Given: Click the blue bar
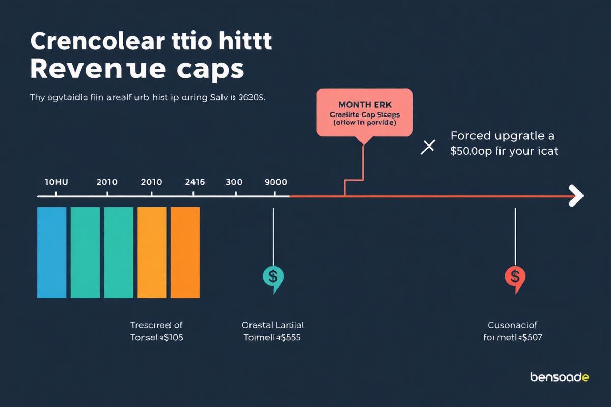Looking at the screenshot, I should [x=51, y=252].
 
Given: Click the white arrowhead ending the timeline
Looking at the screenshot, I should [x=576, y=196].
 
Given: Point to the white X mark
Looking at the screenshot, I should [x=428, y=147].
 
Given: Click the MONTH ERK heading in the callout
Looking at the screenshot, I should [x=364, y=104].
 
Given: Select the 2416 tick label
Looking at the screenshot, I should [x=195, y=182].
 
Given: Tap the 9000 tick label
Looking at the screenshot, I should [x=276, y=182].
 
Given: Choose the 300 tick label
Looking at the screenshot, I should [x=234, y=182].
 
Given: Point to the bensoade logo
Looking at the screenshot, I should [x=560, y=377].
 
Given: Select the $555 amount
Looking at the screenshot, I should [x=288, y=337].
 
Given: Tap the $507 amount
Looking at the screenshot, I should [x=530, y=337].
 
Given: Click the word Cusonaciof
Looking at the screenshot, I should [x=512, y=325].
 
